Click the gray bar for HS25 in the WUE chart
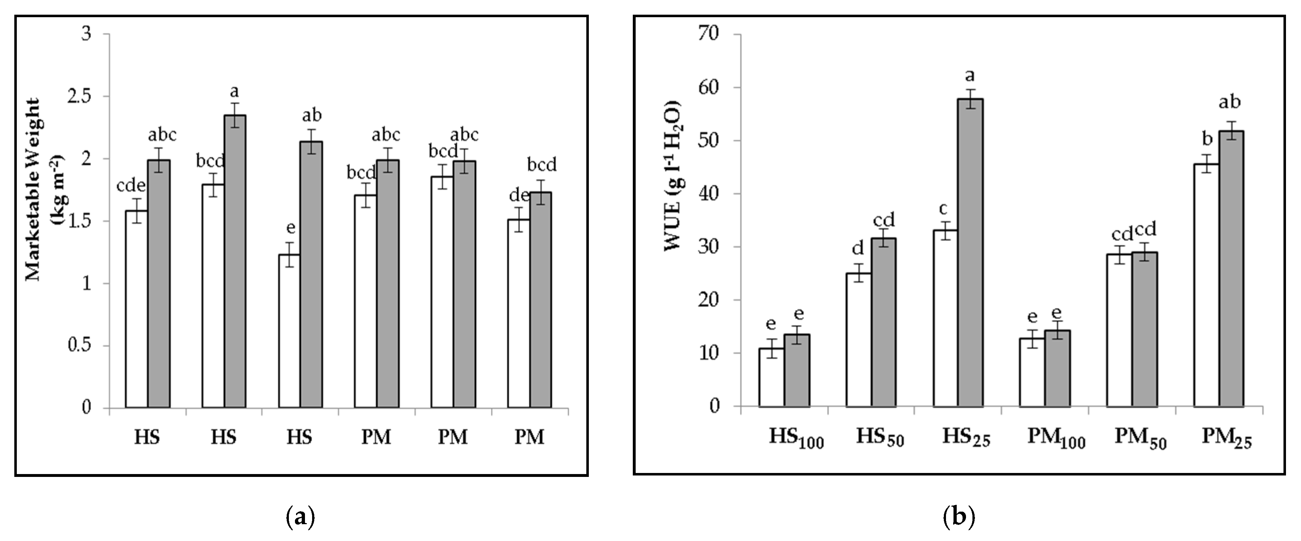pyautogui.click(x=970, y=253)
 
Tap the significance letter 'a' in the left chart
pyautogui.click(x=234, y=92)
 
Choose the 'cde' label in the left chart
pyautogui.click(x=131, y=186)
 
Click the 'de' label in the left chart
pyautogui.click(x=519, y=195)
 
